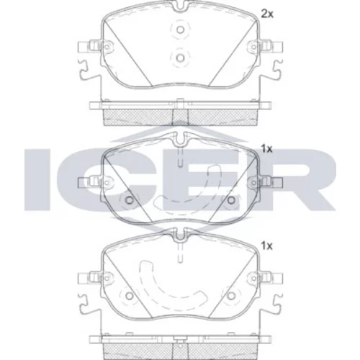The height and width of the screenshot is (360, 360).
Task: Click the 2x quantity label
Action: click(x=267, y=14)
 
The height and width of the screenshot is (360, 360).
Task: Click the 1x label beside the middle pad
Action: click(x=267, y=149)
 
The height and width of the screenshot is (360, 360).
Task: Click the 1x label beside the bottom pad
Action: click(x=267, y=246)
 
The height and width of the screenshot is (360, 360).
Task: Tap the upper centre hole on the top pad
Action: click(x=180, y=30)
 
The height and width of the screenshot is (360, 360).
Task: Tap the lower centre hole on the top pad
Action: click(x=180, y=58)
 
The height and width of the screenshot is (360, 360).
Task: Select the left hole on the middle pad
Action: click(x=130, y=199)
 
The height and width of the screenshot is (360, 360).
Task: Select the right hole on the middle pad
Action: click(x=231, y=199)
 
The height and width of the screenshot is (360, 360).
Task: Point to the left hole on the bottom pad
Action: click(x=130, y=296)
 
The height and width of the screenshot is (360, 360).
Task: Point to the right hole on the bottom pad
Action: click(x=231, y=296)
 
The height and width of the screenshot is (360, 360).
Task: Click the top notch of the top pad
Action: click(x=180, y=6)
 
